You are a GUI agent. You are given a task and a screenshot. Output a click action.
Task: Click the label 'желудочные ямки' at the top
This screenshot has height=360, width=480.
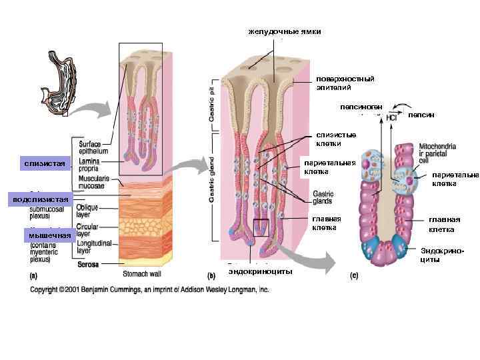click(285, 31)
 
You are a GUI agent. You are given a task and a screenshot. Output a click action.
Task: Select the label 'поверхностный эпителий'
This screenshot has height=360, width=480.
click(345, 83)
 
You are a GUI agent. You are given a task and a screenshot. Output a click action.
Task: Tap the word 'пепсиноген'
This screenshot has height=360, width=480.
click(360, 106)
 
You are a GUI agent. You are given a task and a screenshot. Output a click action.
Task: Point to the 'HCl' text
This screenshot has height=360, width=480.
click(392, 117)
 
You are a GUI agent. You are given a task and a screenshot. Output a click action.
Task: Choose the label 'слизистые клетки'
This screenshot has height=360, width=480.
click(329, 139)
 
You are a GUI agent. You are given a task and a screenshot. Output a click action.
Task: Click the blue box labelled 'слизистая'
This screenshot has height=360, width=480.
click(45, 163)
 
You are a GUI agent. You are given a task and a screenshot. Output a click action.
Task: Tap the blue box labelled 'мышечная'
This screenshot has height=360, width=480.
click(49, 235)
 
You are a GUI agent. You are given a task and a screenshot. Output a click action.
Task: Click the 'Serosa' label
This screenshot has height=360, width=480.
click(88, 264)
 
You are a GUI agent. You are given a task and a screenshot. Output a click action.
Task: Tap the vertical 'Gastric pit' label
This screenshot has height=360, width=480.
click(213, 100)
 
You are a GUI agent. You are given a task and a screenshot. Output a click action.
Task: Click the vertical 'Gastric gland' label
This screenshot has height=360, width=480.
click(213, 183)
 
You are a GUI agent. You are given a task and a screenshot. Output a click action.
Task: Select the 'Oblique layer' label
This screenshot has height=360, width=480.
click(93, 211)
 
